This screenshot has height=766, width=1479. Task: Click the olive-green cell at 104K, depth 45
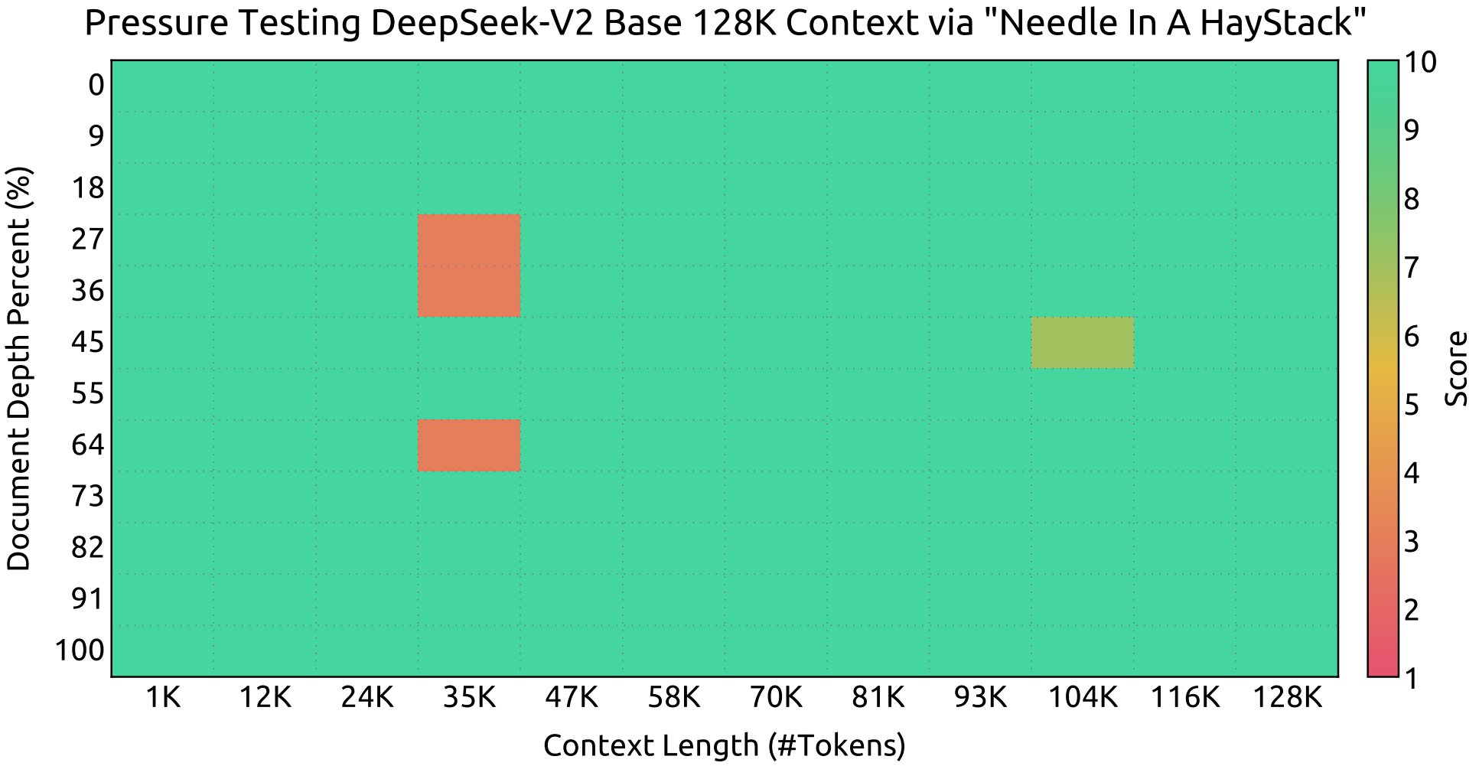[1082, 343]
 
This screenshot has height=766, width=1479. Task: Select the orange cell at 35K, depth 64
[469, 445]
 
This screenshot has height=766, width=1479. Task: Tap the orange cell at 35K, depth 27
[469, 240]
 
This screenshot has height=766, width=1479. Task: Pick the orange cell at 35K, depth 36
[469, 292]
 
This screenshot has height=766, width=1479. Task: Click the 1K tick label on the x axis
[162, 698]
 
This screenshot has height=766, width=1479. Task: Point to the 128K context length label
[1286, 698]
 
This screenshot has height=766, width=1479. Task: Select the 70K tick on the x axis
[776, 698]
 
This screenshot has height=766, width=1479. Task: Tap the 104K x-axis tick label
[1082, 698]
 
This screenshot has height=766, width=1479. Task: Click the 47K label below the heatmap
[572, 698]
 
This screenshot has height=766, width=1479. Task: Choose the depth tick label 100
[80, 651]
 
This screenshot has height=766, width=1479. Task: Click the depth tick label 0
[96, 86]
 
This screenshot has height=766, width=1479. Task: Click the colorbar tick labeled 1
[1410, 678]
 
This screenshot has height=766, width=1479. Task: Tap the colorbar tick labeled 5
[1410, 405]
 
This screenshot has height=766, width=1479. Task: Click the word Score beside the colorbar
[1456, 368]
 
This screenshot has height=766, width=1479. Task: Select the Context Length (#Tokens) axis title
[724, 745]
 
